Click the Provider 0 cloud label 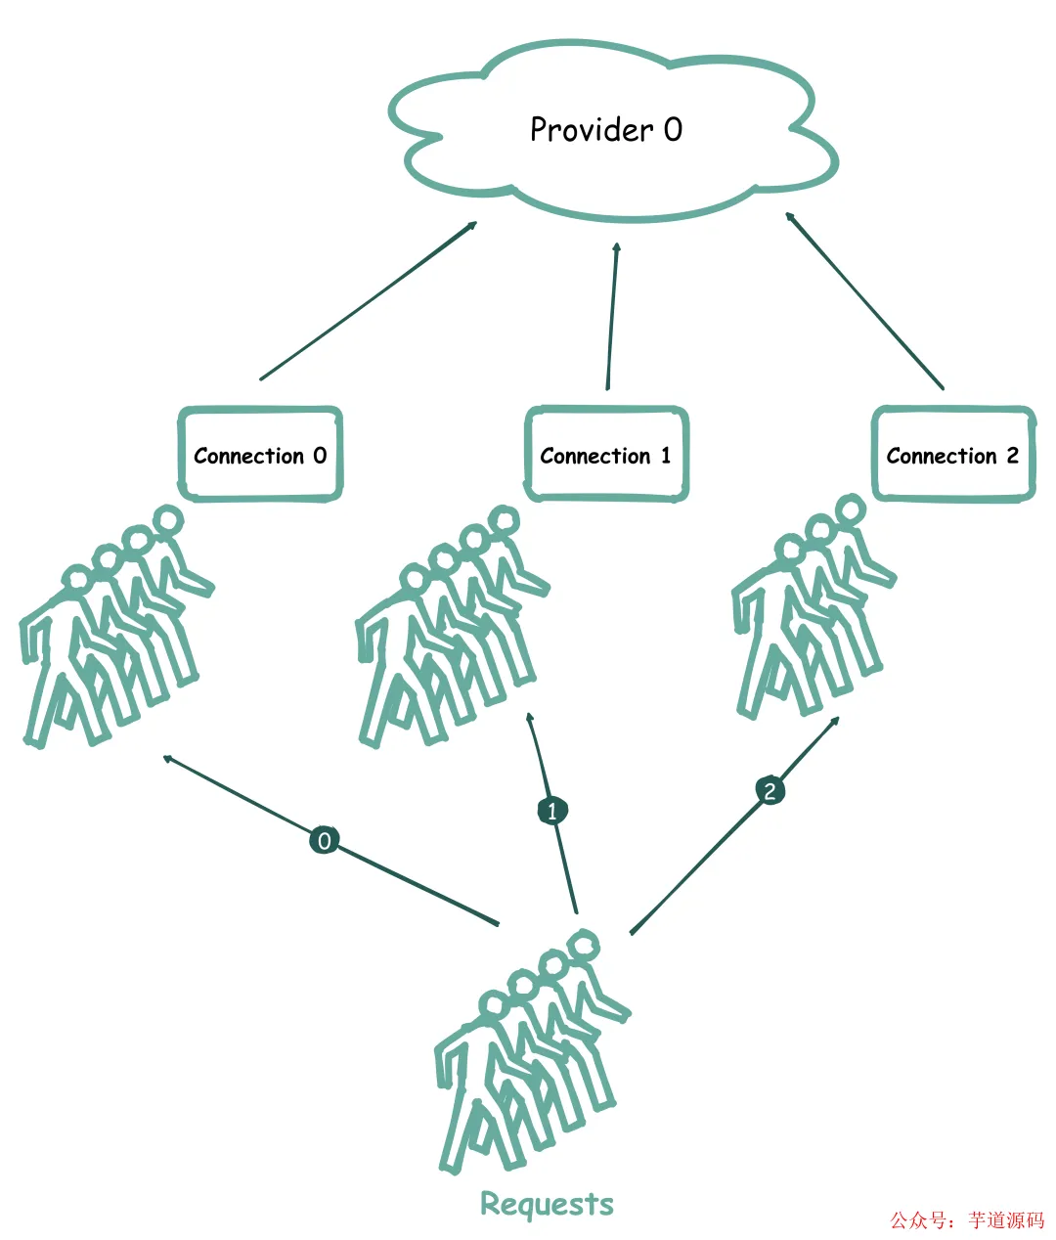tap(606, 130)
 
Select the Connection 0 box tap(260, 455)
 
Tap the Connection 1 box tap(606, 455)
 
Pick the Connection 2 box tap(953, 455)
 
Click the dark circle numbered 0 tap(324, 840)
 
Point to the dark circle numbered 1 tap(552, 811)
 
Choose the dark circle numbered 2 tap(770, 790)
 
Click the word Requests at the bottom tap(547, 1204)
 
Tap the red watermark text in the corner tap(966, 1219)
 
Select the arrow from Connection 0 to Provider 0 tap(369, 300)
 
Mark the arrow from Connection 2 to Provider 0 tap(864, 300)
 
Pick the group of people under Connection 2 tap(812, 611)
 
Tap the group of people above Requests tap(528, 1056)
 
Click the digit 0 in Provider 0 tap(673, 130)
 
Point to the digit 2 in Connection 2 tap(1012, 455)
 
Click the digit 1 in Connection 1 tap(666, 455)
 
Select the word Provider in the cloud tap(591, 130)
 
